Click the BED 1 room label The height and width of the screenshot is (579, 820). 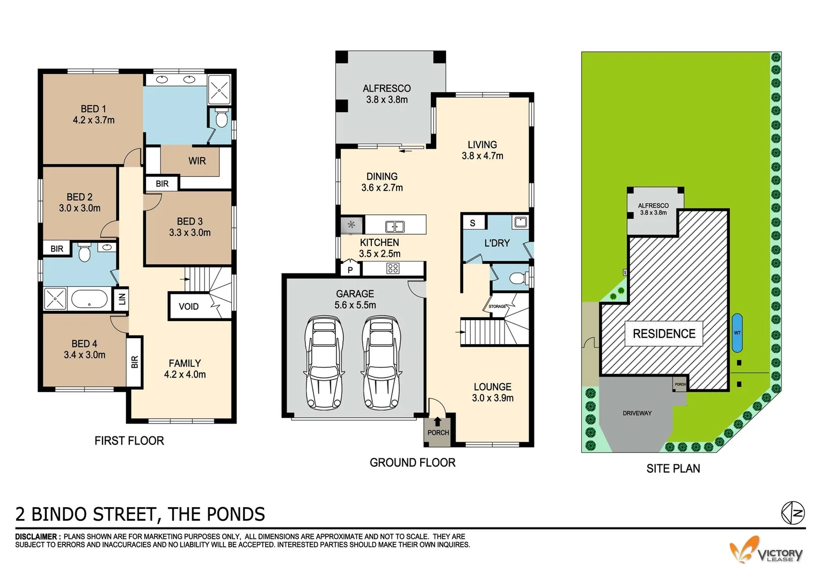[x=93, y=109]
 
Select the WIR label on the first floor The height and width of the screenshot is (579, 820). [x=197, y=161]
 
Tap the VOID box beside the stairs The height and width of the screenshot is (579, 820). [x=188, y=307]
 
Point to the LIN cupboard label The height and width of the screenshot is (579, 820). [x=122, y=299]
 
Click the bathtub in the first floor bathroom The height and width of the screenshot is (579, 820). [x=90, y=299]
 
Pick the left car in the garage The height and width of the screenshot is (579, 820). [x=324, y=363]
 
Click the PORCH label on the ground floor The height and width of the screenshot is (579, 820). [x=438, y=433]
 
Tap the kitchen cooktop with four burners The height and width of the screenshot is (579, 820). [x=393, y=268]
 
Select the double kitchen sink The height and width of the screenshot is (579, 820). [x=395, y=226]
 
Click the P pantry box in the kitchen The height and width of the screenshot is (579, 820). [x=350, y=270]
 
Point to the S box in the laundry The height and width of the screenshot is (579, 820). [x=472, y=223]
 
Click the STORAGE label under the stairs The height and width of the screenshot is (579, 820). [x=497, y=306]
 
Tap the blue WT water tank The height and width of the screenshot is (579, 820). [x=737, y=333]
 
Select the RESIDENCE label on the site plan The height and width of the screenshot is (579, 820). [x=664, y=333]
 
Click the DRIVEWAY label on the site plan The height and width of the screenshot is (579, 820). [x=637, y=413]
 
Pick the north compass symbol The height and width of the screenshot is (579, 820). [x=793, y=513]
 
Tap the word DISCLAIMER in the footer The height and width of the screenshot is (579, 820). [x=36, y=537]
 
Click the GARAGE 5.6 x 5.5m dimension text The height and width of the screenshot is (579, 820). [x=355, y=305]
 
